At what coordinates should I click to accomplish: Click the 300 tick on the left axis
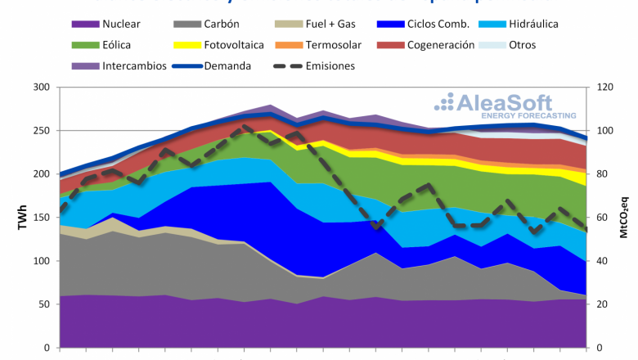click(42, 88)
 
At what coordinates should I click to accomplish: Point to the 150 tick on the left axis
click(42, 218)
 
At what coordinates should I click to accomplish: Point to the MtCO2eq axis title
click(627, 218)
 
